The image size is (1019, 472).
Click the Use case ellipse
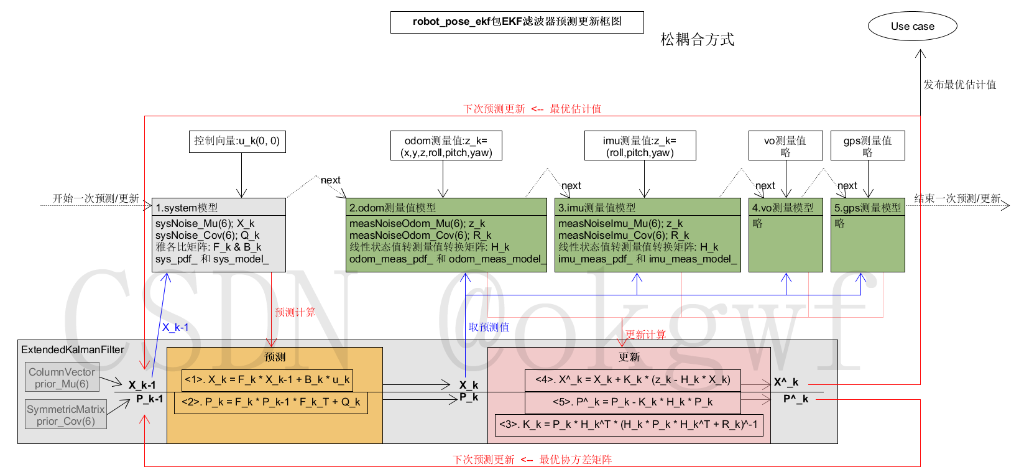[912, 26]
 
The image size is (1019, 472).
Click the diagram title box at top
[517, 22]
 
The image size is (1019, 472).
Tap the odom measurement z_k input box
[446, 146]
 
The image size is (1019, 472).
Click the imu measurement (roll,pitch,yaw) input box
[640, 146]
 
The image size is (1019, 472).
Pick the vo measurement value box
[785, 146]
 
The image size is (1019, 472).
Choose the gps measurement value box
[867, 146]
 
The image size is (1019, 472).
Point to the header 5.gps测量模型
[867, 207]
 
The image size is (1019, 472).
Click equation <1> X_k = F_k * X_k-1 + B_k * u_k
[267, 379]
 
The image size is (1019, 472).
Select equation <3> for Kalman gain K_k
[629, 425]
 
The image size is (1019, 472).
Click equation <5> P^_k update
[632, 402]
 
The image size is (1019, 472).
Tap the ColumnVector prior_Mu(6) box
[62, 378]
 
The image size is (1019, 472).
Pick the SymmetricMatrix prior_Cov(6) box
[65, 415]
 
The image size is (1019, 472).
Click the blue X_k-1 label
[175, 327]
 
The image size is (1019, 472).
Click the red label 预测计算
[295, 312]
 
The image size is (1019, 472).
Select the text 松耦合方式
[697, 40]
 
